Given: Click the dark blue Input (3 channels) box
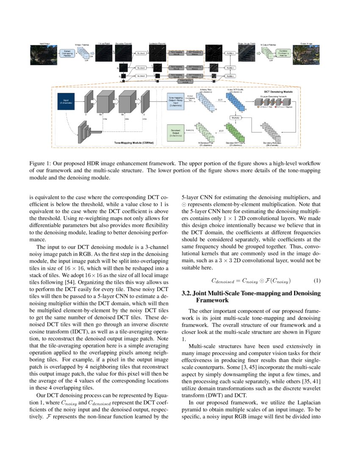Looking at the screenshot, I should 66,102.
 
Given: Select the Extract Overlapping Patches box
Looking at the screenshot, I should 67,53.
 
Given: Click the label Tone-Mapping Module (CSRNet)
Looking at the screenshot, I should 134,144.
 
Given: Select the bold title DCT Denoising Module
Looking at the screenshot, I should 276,92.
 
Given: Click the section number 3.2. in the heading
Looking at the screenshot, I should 188,293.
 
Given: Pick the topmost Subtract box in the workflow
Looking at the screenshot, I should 141,53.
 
